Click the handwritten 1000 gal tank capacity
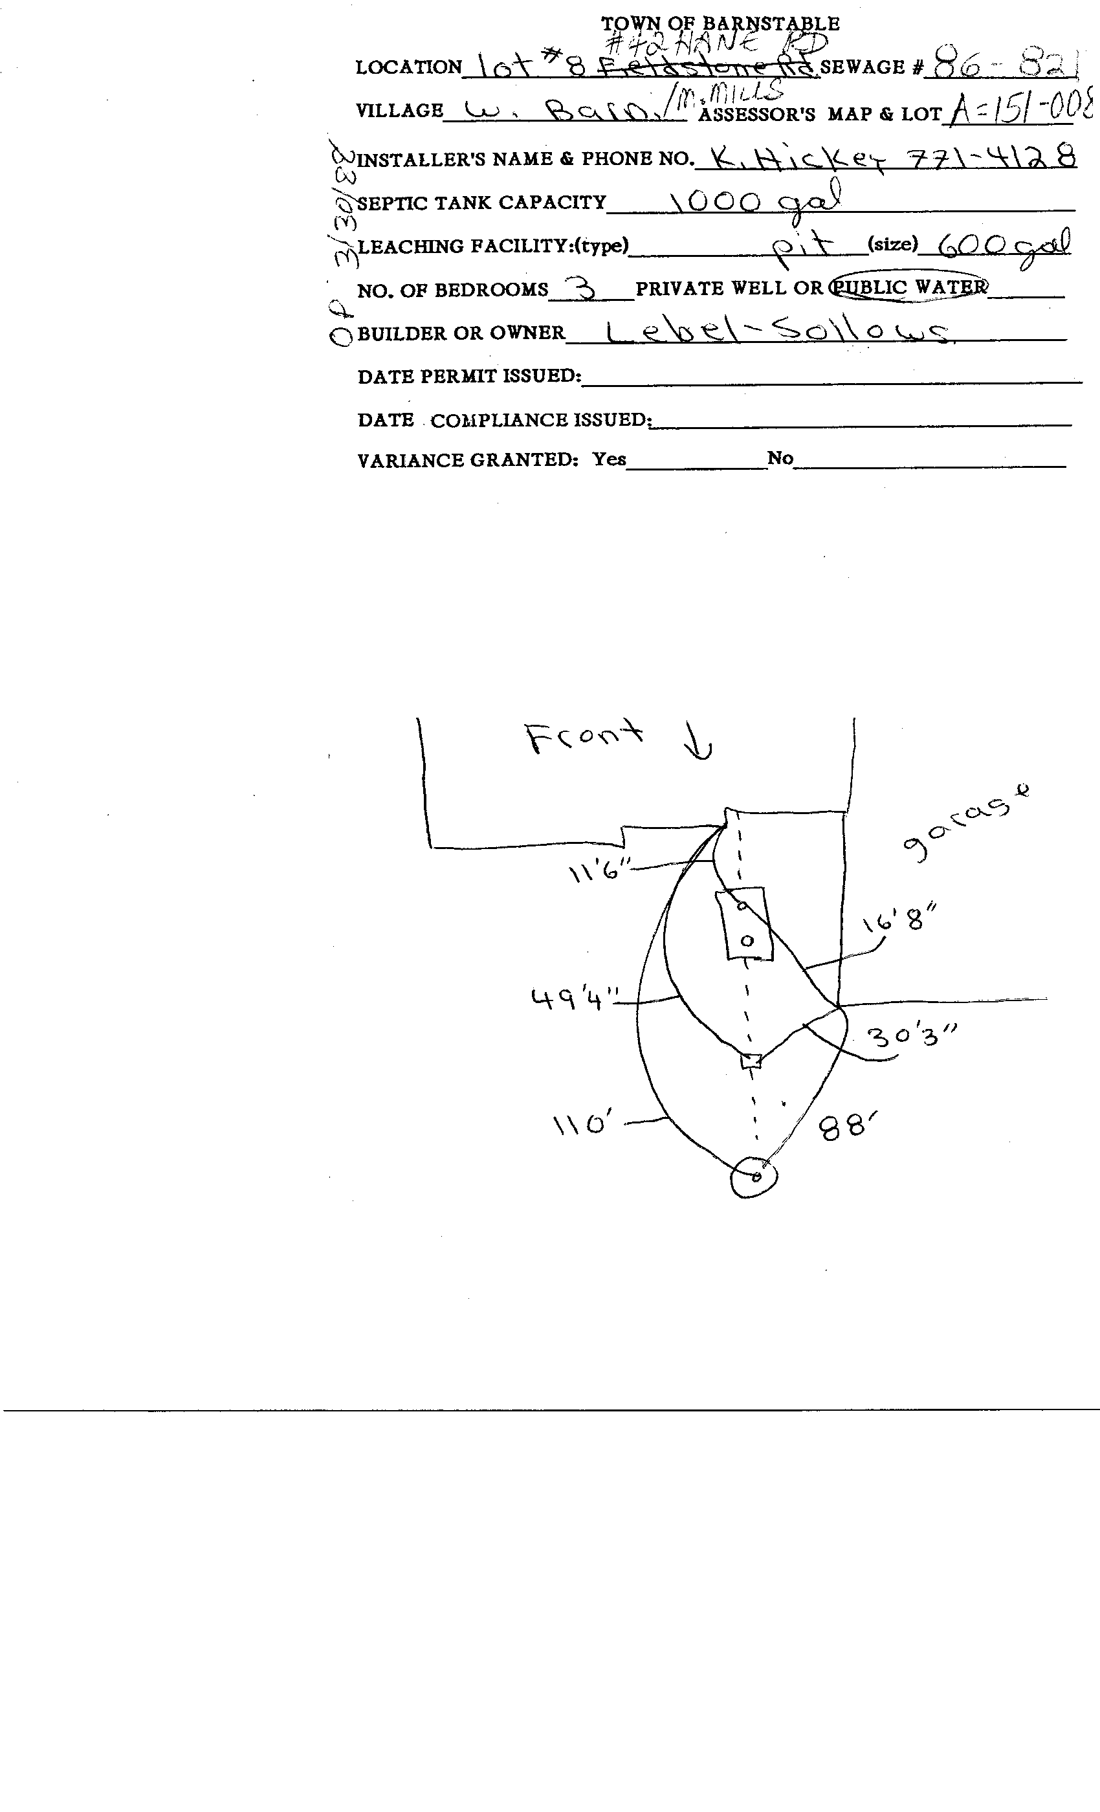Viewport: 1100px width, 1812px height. pyautogui.click(x=754, y=201)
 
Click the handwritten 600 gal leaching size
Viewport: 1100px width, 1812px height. pyautogui.click(x=1003, y=244)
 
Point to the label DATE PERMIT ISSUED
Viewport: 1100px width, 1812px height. pyautogui.click(x=469, y=377)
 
